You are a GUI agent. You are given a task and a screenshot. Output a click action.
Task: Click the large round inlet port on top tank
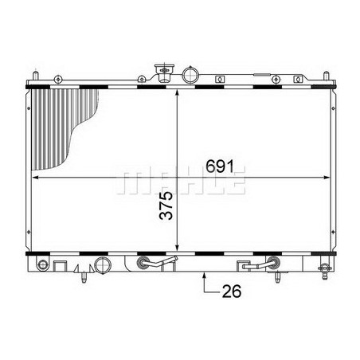[x=190, y=76]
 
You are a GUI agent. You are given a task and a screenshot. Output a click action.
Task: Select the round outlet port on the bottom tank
[x=101, y=264]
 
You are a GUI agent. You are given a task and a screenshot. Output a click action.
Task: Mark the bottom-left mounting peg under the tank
[x=82, y=280]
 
